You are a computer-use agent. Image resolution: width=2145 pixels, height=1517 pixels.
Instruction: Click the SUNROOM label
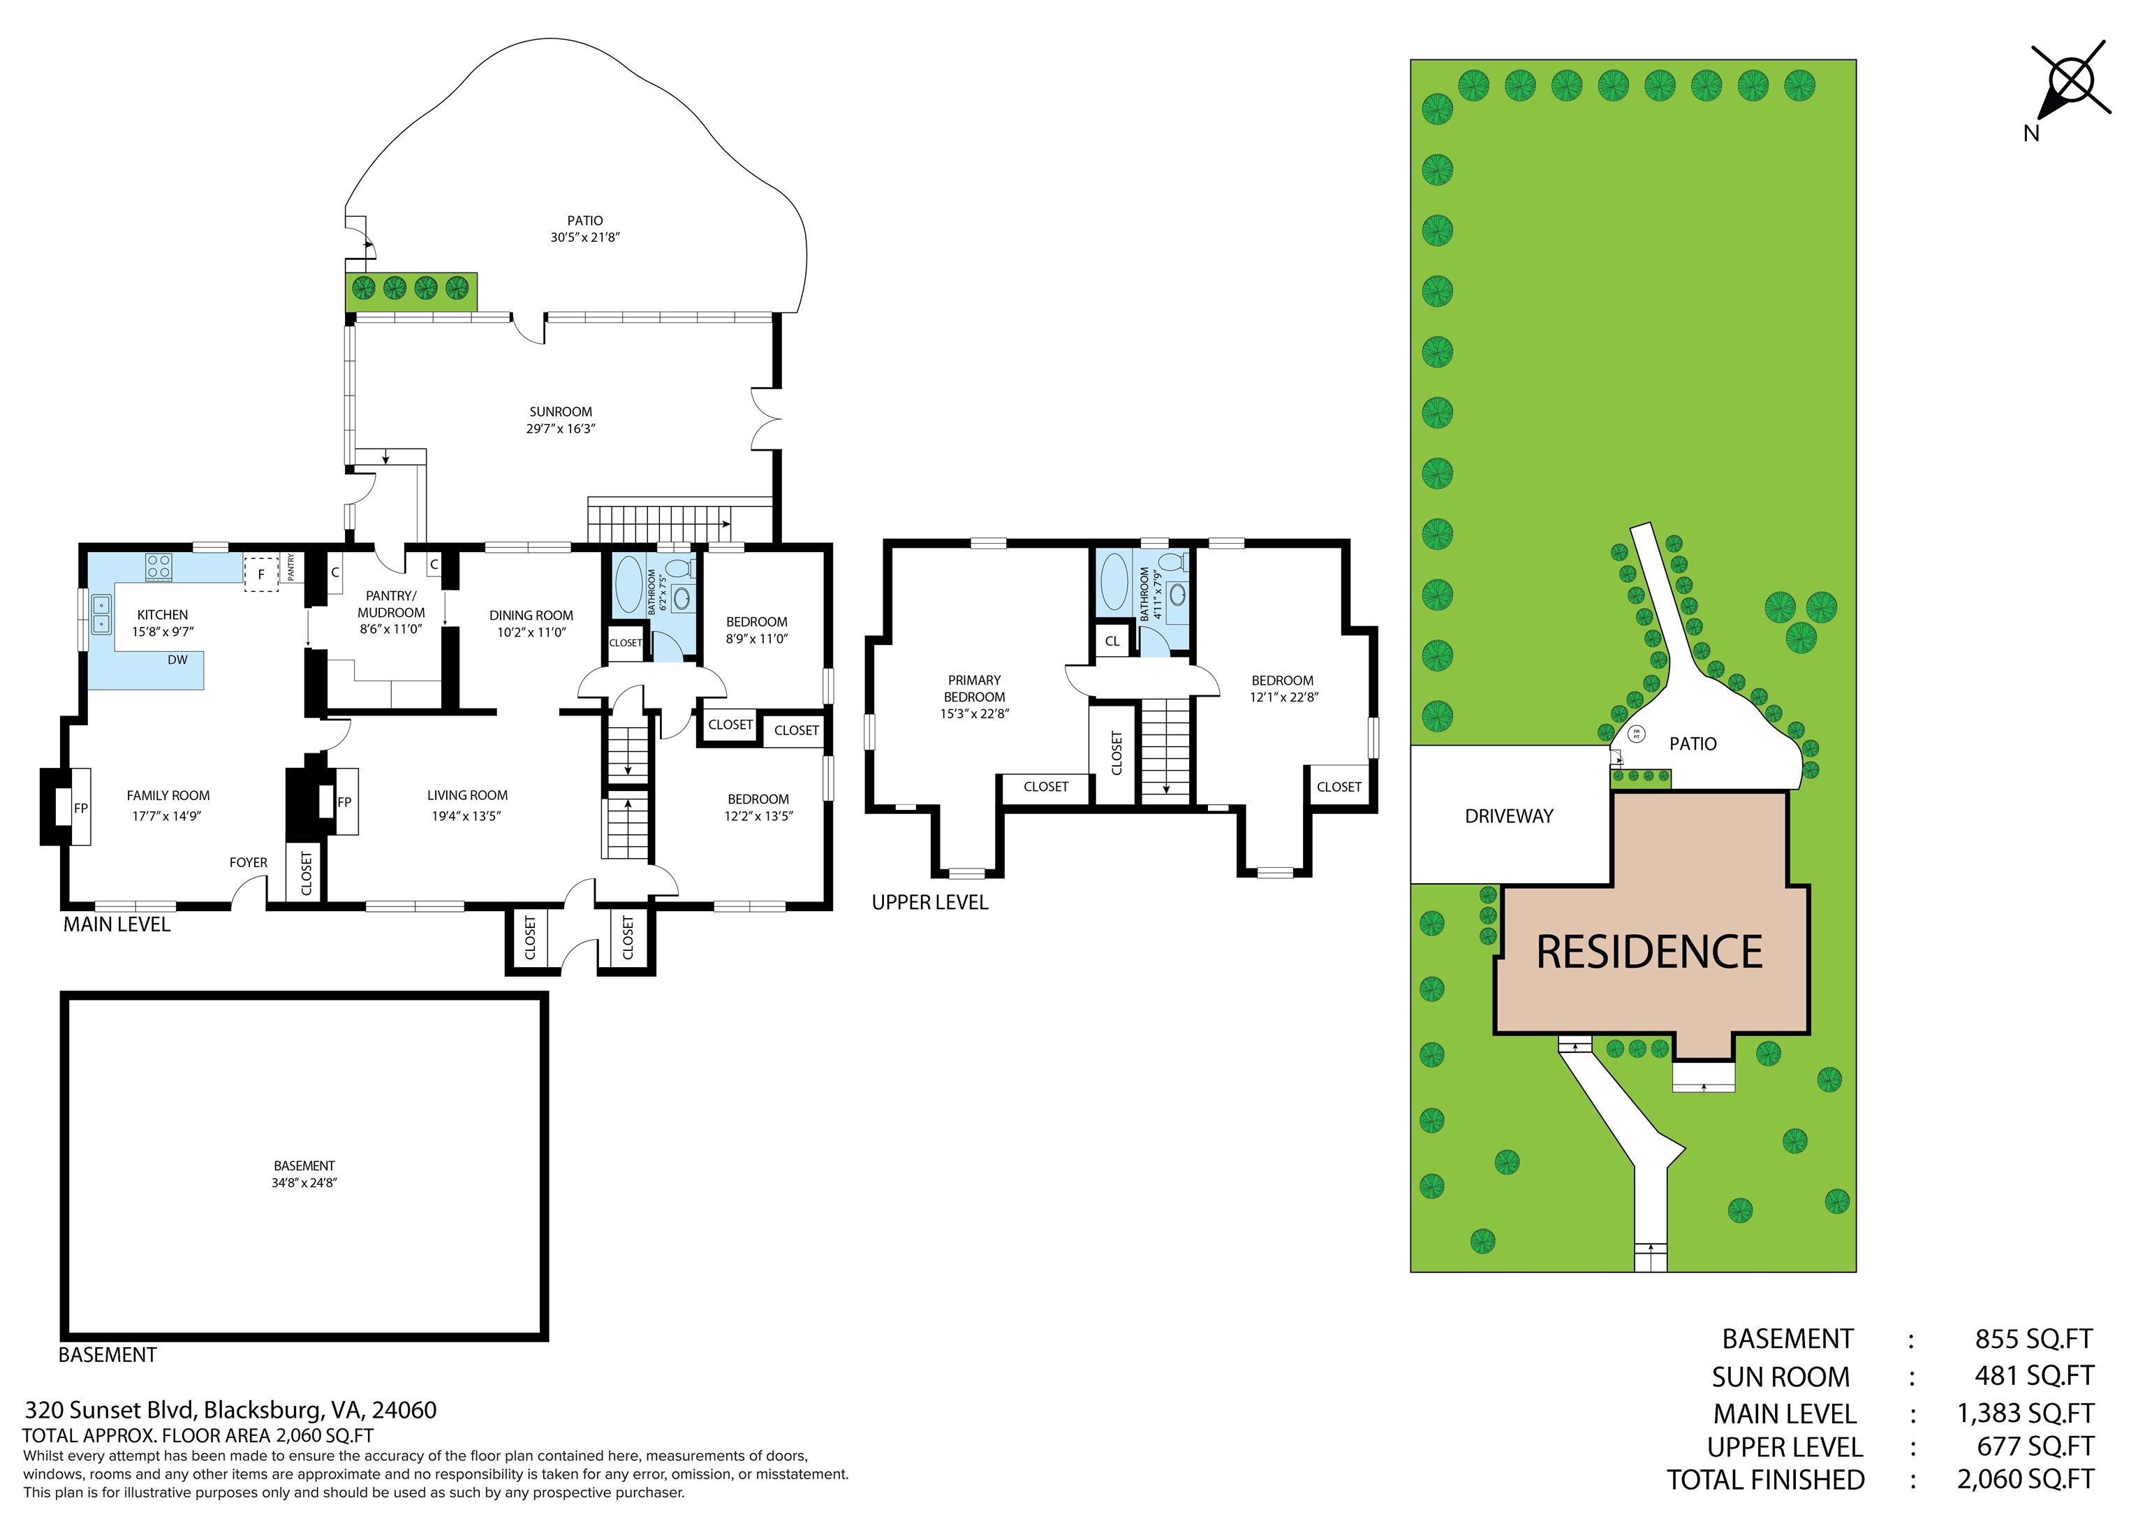pos(561,412)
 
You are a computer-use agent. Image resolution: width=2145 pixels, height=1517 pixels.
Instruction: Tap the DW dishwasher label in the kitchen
pos(177,660)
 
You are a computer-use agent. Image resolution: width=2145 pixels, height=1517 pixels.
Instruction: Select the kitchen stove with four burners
pos(159,567)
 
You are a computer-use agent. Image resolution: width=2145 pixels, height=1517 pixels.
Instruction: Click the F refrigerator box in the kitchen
pos(262,574)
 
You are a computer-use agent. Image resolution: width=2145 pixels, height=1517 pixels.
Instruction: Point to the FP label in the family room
pos(80,808)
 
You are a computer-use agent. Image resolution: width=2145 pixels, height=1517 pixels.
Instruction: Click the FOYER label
pos(249,863)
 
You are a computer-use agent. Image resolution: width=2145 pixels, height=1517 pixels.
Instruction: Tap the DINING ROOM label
pos(531,615)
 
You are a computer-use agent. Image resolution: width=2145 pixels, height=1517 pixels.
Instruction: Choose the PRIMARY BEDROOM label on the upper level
pos(975,689)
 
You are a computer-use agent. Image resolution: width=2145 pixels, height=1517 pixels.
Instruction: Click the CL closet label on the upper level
pos(1112,641)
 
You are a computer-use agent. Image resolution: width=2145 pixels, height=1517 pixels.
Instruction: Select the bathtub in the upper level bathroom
pos(1114,581)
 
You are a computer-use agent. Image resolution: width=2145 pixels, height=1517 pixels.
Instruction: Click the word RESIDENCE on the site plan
pos(1649,952)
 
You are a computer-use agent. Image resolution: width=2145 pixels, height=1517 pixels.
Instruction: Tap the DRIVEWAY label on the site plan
pos(1509,816)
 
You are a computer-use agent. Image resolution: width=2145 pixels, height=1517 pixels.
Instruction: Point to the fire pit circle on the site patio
pos(1636,734)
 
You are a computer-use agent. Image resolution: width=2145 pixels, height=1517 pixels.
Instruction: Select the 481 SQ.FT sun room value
pos(2034,1376)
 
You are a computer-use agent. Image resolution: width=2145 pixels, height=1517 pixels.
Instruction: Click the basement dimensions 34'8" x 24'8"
pos(304,1182)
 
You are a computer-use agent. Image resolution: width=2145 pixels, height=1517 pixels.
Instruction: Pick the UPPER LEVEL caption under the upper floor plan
pos(929,902)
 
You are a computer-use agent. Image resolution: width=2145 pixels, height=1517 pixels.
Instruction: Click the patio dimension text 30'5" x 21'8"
pos(585,238)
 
